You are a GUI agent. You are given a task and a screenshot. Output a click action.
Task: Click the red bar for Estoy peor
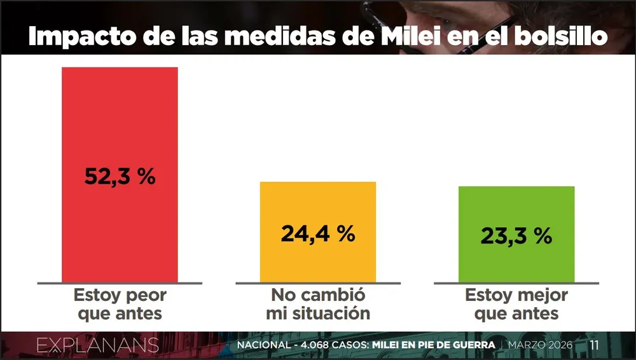pyautogui.click(x=120, y=114)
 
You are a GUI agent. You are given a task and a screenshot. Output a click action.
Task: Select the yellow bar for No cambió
pyautogui.click(x=318, y=204)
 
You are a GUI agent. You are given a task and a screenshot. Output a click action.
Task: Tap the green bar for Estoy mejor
pyautogui.click(x=516, y=210)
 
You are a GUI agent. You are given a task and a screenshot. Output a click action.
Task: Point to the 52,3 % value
pyautogui.click(x=120, y=176)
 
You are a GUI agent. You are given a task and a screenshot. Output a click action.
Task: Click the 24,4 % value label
pyautogui.click(x=318, y=233)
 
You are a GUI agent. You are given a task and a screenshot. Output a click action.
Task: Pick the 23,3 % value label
pyautogui.click(x=516, y=236)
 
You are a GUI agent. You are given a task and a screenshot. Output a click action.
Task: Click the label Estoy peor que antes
pyautogui.click(x=120, y=304)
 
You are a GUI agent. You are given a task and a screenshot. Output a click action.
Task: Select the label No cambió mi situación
pyautogui.click(x=318, y=304)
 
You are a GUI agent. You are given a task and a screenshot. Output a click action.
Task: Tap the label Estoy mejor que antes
pyautogui.click(x=516, y=304)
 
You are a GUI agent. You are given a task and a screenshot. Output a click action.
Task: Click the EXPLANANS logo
pyautogui.click(x=97, y=345)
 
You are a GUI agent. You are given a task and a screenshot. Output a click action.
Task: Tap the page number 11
pyautogui.click(x=595, y=345)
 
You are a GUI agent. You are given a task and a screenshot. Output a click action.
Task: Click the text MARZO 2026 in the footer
pyautogui.click(x=540, y=345)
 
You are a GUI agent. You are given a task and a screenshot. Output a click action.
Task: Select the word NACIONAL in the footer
pyautogui.click(x=262, y=345)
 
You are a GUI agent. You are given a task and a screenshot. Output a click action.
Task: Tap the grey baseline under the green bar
pyautogui.click(x=516, y=282)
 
